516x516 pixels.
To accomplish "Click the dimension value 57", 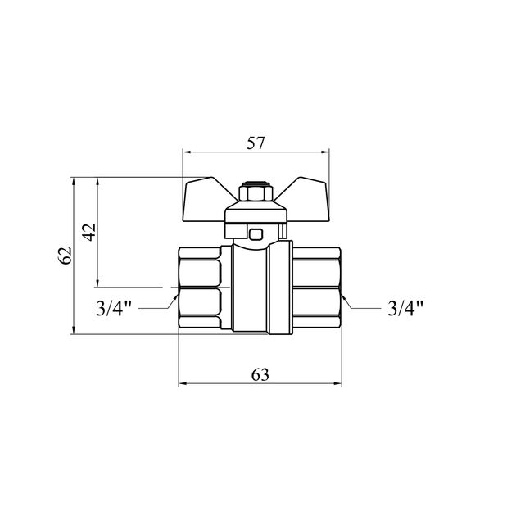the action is pos(256,143).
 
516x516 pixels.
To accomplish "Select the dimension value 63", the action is pos(260,374).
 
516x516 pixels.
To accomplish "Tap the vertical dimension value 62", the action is pos(66,255).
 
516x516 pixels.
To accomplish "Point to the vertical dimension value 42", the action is pos(88,232).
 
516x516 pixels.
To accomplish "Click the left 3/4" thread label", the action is pos(113,309).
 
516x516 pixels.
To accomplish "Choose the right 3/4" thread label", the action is pos(405,309).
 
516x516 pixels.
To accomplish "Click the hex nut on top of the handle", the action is pos(256,194).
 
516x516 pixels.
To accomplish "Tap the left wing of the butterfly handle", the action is pos(206,197).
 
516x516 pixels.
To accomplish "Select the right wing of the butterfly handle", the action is pos(305,197).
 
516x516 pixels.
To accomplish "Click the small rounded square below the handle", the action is pos(256,234).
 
